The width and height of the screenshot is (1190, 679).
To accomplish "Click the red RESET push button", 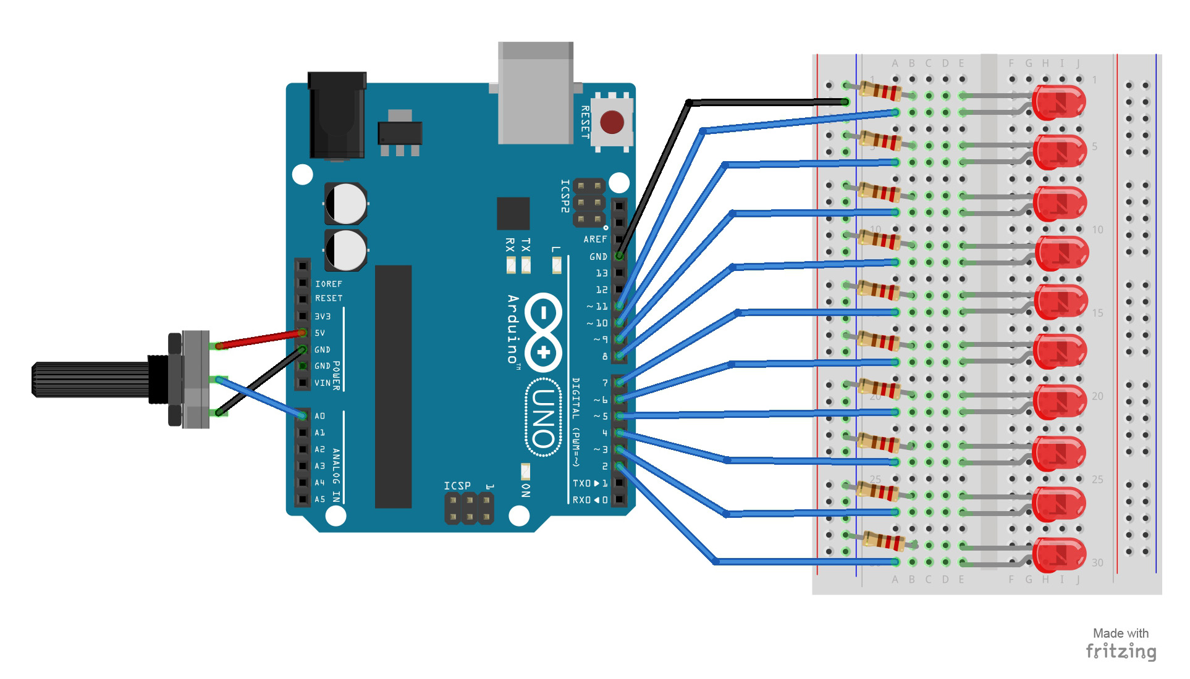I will coord(612,122).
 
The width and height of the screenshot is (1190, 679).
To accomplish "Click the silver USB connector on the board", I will coord(536,93).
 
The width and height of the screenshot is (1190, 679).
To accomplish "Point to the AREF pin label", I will coord(595,240).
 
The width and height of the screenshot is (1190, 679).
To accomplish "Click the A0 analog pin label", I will coord(319,416).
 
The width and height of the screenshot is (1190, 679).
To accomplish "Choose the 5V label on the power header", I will coord(319,333).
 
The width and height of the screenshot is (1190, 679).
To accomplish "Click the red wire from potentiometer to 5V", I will coord(260,339).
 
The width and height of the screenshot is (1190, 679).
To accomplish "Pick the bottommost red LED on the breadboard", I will coord(1059,554).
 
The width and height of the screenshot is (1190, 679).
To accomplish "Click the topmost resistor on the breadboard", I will coord(880,91).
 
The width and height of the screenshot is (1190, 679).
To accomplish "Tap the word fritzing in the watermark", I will coord(1121,651).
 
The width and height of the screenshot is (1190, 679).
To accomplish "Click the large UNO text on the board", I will coord(543,418).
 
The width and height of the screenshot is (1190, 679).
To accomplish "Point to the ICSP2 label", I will coord(565,196).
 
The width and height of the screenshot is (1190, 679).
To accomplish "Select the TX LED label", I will coord(526,245).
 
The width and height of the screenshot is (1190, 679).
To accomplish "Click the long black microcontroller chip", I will coord(393,386).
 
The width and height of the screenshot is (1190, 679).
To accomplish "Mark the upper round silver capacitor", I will coord(346,204).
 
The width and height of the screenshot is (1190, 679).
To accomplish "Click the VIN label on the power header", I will coord(322,383).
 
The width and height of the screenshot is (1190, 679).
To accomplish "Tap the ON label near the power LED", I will coord(526,490).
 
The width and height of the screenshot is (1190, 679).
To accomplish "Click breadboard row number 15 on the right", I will coord(1097,313).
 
